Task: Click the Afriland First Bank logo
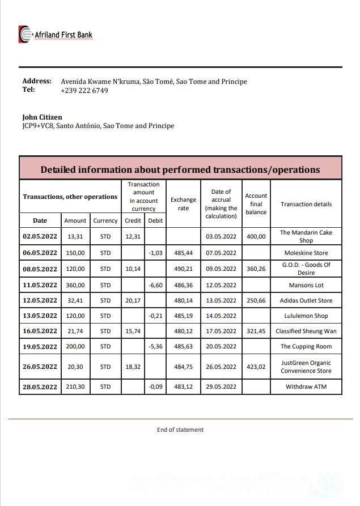pos(56,35)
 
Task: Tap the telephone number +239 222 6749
pos(84,91)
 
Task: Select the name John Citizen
pos(42,117)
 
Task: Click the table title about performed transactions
pos(180,169)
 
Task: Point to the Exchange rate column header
pos(183,204)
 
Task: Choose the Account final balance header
pos(256,204)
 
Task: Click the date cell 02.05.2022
pos(40,236)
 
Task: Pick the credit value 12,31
pos(133,236)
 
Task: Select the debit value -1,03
pos(155,253)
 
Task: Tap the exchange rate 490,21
pos(183,269)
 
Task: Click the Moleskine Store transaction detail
pos(306,253)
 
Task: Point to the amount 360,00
pos(75,285)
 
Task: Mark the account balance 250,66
pos(256,300)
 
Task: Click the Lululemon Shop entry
pos(306,316)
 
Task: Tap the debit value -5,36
pos(155,346)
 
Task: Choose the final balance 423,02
pos(256,367)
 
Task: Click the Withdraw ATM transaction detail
pos(306,387)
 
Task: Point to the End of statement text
pos(180,430)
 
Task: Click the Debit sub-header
pos(155,220)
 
